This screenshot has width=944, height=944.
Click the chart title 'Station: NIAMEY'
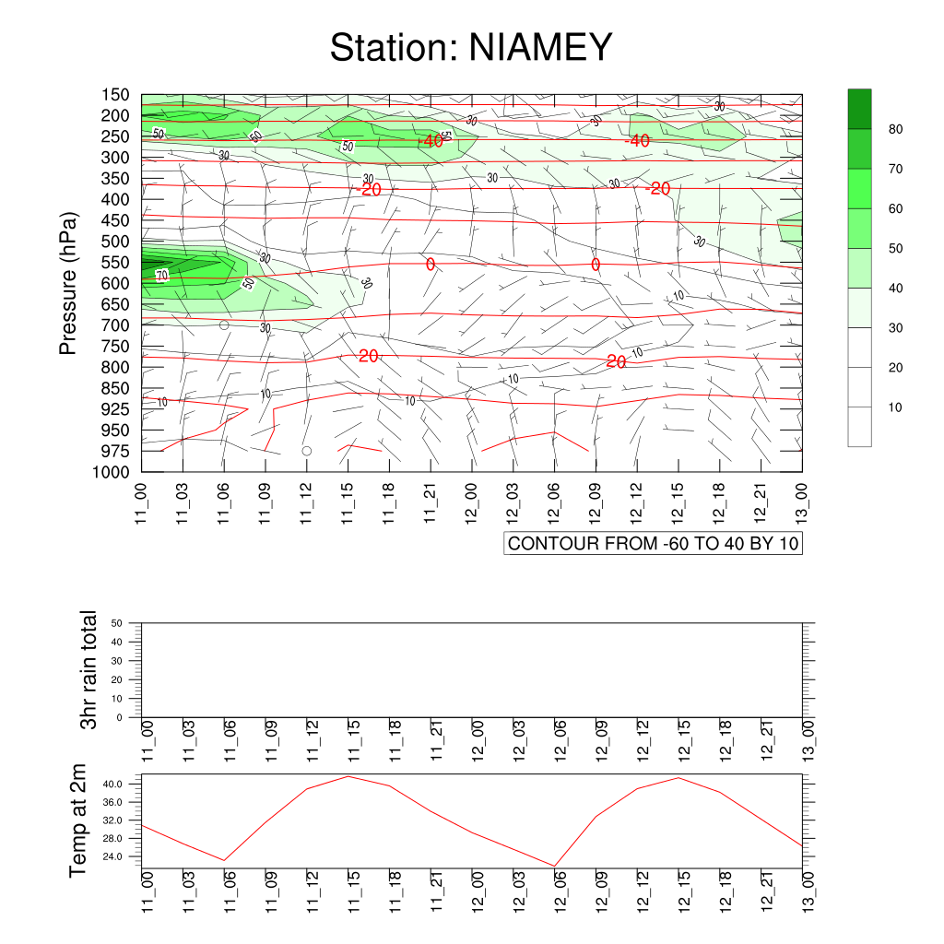(471, 47)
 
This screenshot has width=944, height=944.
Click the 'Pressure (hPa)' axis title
(68, 283)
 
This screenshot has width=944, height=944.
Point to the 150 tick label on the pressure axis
(115, 95)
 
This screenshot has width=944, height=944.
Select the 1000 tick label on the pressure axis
(111, 472)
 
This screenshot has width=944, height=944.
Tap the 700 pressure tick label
(115, 325)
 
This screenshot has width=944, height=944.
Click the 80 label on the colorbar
(895, 129)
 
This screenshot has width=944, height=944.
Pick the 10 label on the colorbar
(895, 407)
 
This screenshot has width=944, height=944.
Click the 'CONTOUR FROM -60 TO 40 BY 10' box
(654, 543)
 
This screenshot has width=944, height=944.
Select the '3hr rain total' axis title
(88, 669)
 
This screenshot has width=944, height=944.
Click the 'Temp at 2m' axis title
(77, 820)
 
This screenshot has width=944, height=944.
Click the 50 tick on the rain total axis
(117, 623)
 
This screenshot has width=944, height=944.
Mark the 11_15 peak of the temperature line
(348, 776)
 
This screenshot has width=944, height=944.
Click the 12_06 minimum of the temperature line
(554, 866)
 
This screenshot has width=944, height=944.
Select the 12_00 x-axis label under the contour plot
(471, 502)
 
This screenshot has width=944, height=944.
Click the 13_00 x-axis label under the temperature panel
(808, 891)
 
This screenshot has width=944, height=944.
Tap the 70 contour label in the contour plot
(162, 276)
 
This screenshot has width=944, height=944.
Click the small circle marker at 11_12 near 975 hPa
(306, 451)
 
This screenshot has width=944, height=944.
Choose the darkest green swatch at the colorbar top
(860, 109)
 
